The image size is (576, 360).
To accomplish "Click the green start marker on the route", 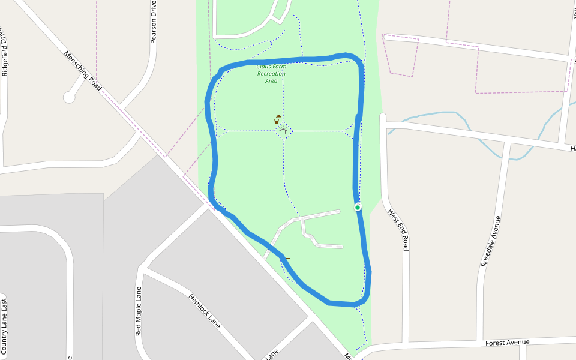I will coord(358,207).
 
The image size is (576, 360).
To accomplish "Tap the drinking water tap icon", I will coord(277,119).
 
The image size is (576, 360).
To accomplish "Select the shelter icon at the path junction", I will coord(283,130).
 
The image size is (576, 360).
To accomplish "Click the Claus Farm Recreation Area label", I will coord(271,73).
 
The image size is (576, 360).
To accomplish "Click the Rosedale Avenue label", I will coord(491,241).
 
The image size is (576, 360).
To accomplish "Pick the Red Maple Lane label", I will coord(139,311).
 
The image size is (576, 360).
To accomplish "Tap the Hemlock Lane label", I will coord(205,311).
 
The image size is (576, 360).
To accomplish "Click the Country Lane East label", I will coord(4,326).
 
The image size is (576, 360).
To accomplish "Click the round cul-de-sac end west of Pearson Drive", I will coord(70,97).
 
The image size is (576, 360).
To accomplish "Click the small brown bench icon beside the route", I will coord(287,259).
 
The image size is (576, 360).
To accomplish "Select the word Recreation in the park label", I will coord(271,74).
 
